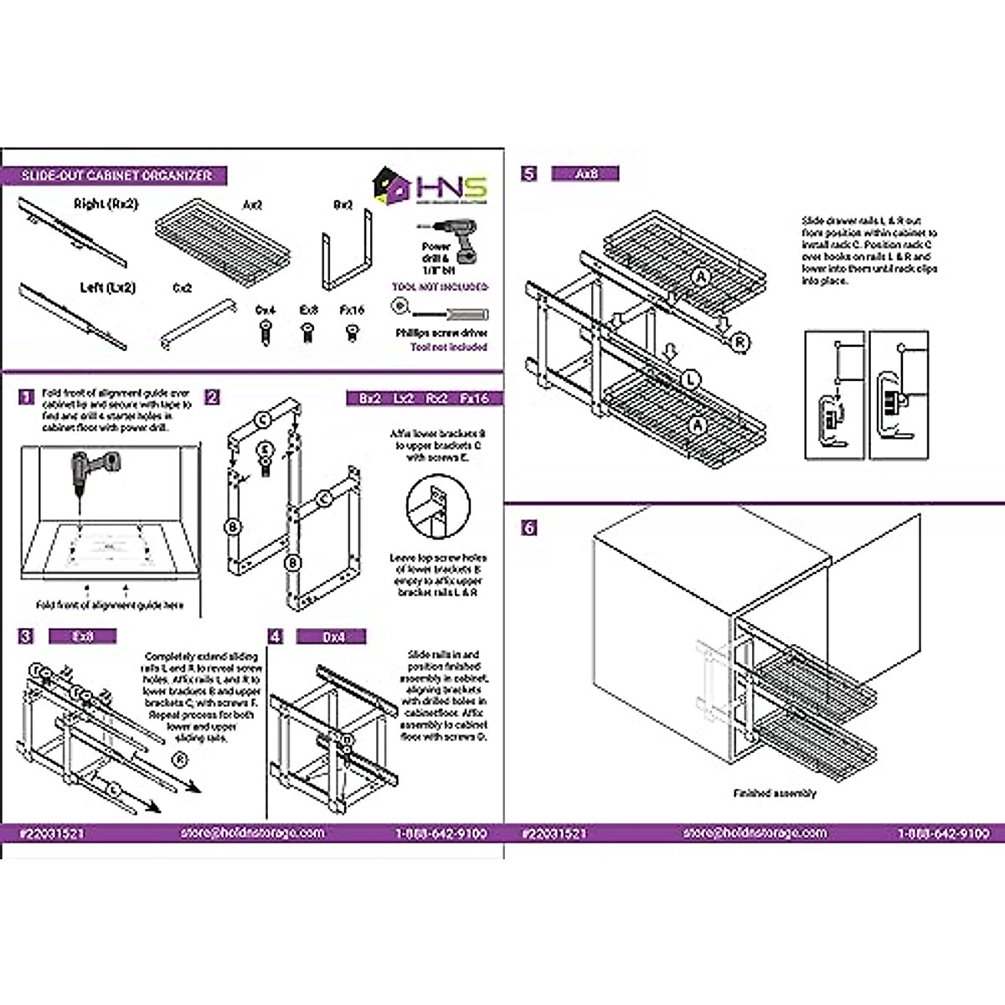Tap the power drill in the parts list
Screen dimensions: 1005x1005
pyautogui.click(x=442, y=231)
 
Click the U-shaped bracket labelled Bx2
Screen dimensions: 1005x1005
pyautogui.click(x=343, y=251)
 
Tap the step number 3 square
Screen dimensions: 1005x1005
pyautogui.click(x=26, y=636)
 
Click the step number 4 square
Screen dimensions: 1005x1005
pyautogui.click(x=276, y=636)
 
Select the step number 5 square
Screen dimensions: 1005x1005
pyautogui.click(x=528, y=174)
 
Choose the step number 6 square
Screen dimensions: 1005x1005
pyautogui.click(x=528, y=528)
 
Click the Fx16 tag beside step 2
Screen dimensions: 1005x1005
pyautogui.click(x=475, y=399)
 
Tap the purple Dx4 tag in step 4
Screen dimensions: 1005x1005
pyautogui.click(x=332, y=637)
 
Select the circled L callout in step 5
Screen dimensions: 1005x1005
pyautogui.click(x=690, y=379)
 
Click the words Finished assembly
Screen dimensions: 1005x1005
pyautogui.click(x=774, y=793)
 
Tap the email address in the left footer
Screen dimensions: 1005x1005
pyautogui.click(x=252, y=832)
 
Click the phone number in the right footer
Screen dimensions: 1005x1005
pyautogui.click(x=943, y=832)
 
